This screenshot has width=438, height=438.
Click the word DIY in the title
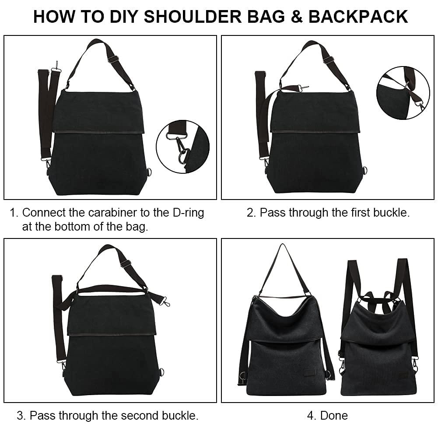pyautogui.click(x=124, y=17)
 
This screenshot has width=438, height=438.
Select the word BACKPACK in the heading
pyautogui.click(x=358, y=17)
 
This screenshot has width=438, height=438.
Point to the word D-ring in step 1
pyautogui.click(x=188, y=213)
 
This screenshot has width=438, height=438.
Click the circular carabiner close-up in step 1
pyautogui.click(x=183, y=147)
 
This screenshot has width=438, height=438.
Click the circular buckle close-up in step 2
pyautogui.click(x=403, y=93)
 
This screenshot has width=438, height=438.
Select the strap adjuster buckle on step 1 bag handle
pyautogui.click(x=113, y=59)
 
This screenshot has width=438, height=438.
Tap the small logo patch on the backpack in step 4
pyautogui.click(x=403, y=375)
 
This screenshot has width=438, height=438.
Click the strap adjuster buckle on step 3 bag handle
pyautogui.click(x=126, y=263)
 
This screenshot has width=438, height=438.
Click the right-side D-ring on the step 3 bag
pyautogui.click(x=161, y=372)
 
